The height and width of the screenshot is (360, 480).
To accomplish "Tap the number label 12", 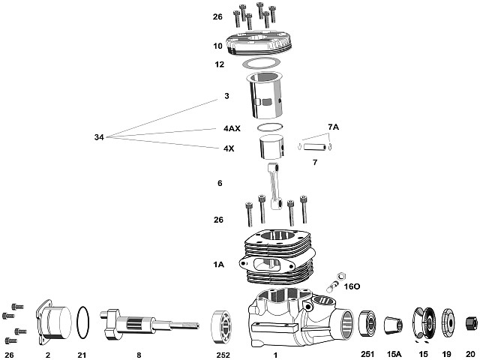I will tap(219, 64).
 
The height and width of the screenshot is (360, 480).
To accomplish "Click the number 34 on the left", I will tap(99, 137).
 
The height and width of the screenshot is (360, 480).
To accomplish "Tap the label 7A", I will tap(333, 127).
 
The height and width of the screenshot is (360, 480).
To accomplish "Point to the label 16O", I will tap(352, 286).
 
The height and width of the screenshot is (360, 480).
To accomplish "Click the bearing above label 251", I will tap(367, 324).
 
